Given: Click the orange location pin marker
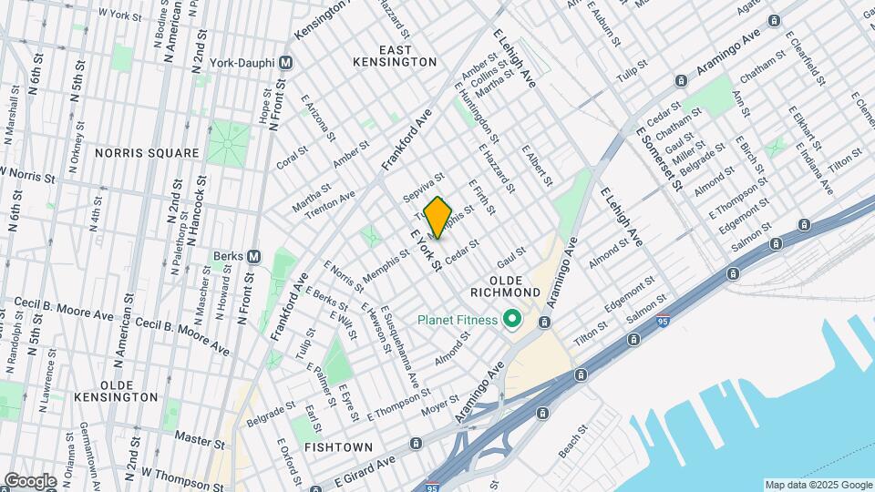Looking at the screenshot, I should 438,217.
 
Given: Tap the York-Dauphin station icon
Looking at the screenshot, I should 286,63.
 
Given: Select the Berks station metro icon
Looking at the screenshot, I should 254,256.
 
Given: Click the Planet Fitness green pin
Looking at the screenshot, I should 512,319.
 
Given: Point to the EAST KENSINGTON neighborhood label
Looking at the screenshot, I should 395,55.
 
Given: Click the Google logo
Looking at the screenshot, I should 30,480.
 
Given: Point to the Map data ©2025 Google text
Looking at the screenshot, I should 818,485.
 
